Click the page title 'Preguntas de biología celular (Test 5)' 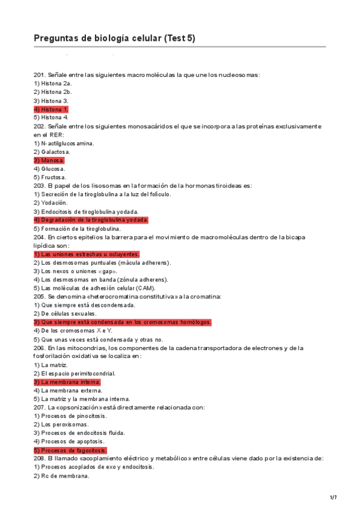coord(114,38)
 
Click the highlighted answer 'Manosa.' coord(49,161)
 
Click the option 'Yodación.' coord(50,203)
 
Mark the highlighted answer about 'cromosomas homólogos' coord(123,322)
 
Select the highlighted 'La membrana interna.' coord(67,382)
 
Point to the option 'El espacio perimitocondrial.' coord(75,373)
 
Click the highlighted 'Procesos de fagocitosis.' coord(70,450)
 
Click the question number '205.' coord(40,296)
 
